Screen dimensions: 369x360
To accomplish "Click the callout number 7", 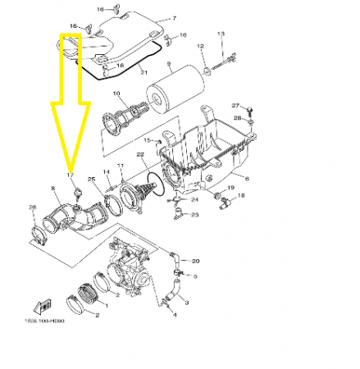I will point(172,17).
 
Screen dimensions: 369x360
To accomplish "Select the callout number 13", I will point(221,33).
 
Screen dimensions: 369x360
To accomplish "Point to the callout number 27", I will point(234,107).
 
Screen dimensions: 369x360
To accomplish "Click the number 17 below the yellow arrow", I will point(70,175).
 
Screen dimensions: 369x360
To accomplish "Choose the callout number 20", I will point(196,261).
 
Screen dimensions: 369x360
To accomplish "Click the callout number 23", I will point(194,215).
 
